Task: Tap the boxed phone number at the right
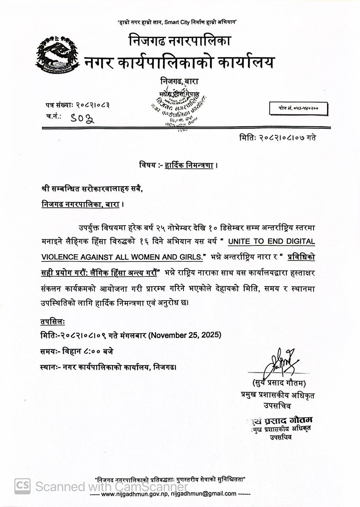click(298, 108)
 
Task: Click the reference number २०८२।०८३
click(92, 105)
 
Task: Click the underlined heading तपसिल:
click(50, 322)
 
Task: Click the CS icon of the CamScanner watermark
click(23, 486)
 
